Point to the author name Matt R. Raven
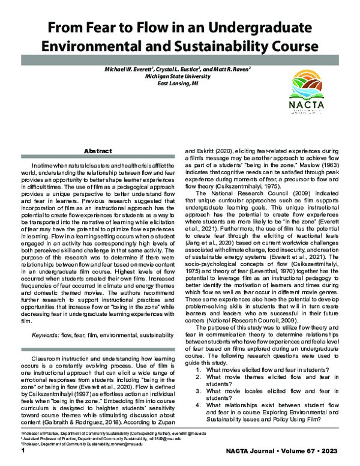(x=238, y=70)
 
